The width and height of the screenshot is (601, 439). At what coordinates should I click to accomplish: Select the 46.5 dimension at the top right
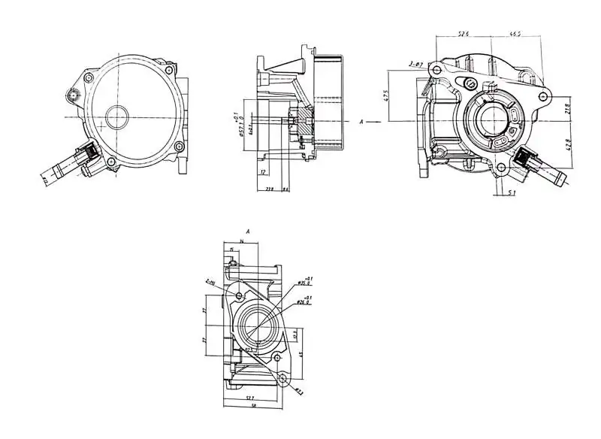[x=516, y=34]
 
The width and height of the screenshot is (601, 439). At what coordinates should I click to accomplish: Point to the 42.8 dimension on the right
[x=569, y=143]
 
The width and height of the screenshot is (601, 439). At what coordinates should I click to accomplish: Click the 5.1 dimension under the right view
[x=510, y=193]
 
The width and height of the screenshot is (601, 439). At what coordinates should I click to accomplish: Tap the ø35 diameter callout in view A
[x=305, y=282]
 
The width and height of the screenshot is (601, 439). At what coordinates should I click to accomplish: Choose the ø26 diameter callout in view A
[x=305, y=302]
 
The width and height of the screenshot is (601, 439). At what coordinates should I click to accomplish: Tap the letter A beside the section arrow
[x=362, y=120]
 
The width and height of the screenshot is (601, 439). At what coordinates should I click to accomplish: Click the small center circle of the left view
[x=118, y=117]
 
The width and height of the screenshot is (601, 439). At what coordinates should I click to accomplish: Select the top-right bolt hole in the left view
[x=170, y=70]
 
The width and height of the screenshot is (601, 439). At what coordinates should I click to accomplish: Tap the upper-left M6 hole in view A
[x=239, y=296]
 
